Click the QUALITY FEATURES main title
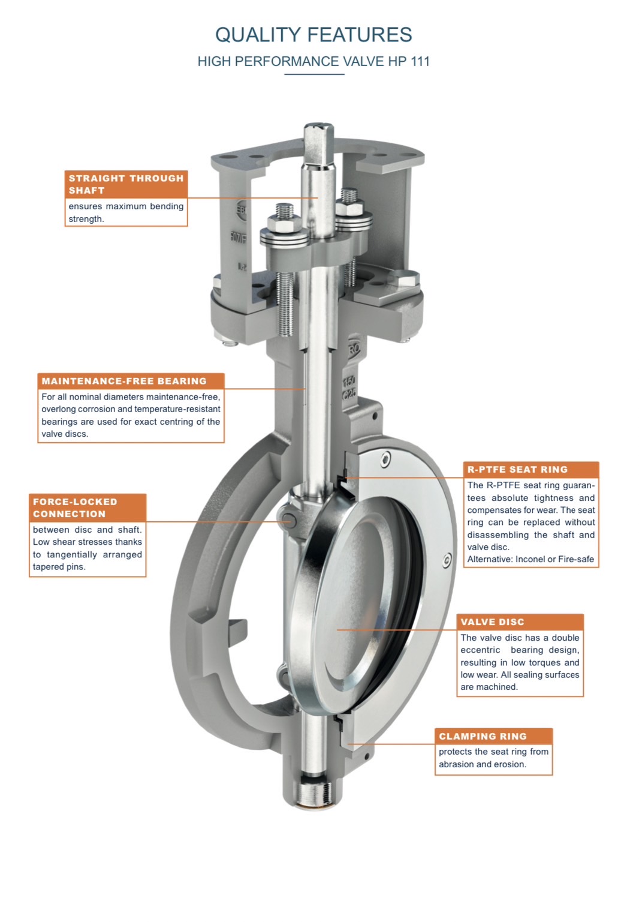(x=314, y=35)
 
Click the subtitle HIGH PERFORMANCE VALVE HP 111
(x=314, y=61)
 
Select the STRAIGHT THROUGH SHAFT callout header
(x=126, y=184)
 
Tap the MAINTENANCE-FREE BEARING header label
(x=131, y=381)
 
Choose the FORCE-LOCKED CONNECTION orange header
(x=88, y=508)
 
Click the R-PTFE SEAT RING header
(x=531, y=470)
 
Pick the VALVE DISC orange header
(x=520, y=622)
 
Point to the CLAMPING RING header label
(x=493, y=737)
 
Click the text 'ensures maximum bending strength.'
(x=126, y=212)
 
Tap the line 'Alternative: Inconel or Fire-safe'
(x=531, y=559)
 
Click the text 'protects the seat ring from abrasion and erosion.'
(x=493, y=758)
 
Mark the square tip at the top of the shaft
(x=318, y=142)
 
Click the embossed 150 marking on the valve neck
(x=349, y=381)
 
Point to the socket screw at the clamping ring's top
(x=385, y=460)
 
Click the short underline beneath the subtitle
(x=314, y=74)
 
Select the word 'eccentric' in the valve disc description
(x=480, y=650)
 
